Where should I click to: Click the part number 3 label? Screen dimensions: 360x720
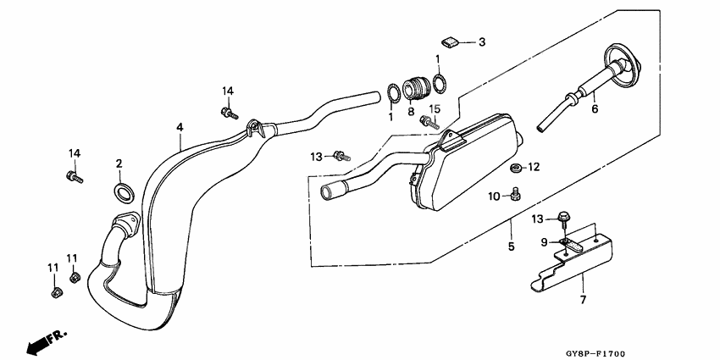(482, 42)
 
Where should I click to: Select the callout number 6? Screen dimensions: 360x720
(595, 108)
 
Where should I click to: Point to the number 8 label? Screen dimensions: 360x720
(411, 111)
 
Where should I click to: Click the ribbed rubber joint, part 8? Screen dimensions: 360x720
(414, 87)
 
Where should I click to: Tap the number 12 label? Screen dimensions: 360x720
(534, 167)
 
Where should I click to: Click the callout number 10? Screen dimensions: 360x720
(494, 197)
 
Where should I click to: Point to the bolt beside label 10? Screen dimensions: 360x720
(515, 197)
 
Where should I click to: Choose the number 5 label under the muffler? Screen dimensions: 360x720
(511, 246)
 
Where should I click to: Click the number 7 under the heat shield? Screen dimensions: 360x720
(582, 299)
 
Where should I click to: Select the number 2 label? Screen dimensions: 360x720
(119, 163)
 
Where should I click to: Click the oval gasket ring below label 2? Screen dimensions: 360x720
(124, 191)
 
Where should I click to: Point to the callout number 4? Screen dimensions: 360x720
(180, 127)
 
